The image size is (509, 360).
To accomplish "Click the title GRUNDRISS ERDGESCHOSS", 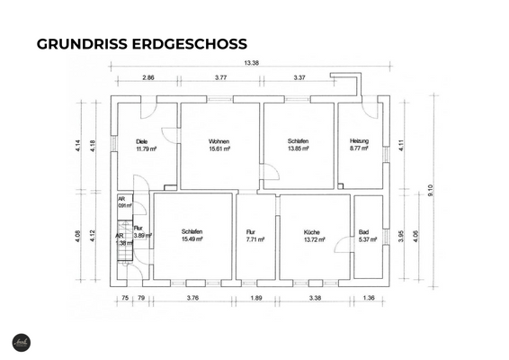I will (141, 44).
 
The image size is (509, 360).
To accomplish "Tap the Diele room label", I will (141, 141).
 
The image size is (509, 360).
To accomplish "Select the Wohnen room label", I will (219, 141).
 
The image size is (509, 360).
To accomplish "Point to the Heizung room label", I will (360, 141).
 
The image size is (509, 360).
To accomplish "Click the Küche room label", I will (313, 231).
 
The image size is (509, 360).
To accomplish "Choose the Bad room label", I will (364, 231).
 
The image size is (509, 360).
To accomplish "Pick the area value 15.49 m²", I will (192, 239).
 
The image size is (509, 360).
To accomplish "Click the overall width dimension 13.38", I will (251, 63).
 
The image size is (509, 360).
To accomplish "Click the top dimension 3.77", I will (221, 78).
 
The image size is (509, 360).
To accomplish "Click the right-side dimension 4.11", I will (402, 143).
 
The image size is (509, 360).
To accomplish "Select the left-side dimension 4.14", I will (79, 145).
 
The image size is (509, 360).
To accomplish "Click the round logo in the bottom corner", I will (22, 342).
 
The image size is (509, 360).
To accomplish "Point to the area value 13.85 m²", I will (299, 149).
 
